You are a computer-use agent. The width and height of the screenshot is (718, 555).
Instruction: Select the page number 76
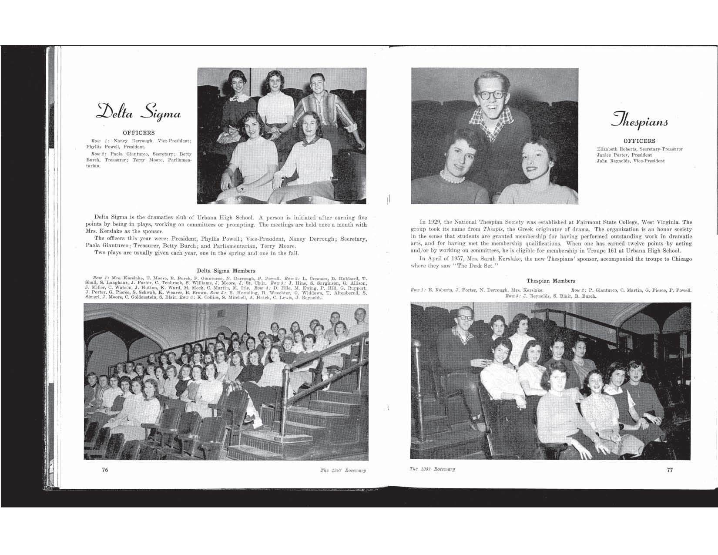[105, 470]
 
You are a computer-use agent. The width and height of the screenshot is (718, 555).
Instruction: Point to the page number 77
[670, 470]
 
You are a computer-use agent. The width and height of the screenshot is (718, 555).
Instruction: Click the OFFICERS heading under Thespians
[639, 141]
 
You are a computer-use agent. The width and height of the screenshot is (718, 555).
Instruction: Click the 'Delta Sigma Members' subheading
[226, 271]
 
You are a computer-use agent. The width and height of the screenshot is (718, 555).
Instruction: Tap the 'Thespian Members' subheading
[550, 281]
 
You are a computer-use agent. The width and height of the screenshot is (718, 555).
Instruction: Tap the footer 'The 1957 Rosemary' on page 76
[342, 471]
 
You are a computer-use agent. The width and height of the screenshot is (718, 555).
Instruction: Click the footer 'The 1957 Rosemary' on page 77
[433, 469]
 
